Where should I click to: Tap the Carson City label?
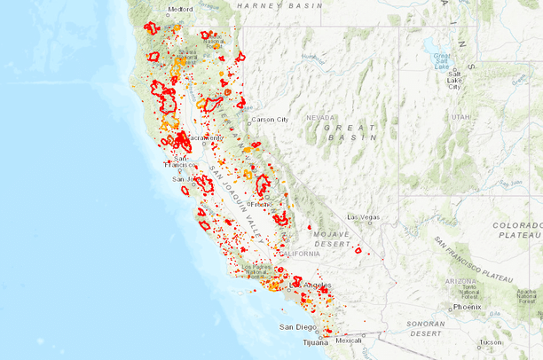click(x=270, y=119)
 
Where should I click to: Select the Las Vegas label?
click(x=363, y=217)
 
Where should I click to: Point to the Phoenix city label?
click(x=467, y=307)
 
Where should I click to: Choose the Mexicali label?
click(x=348, y=340)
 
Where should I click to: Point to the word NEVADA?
click(x=321, y=117)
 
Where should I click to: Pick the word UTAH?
click(x=460, y=116)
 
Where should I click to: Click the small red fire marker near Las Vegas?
click(x=358, y=250)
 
